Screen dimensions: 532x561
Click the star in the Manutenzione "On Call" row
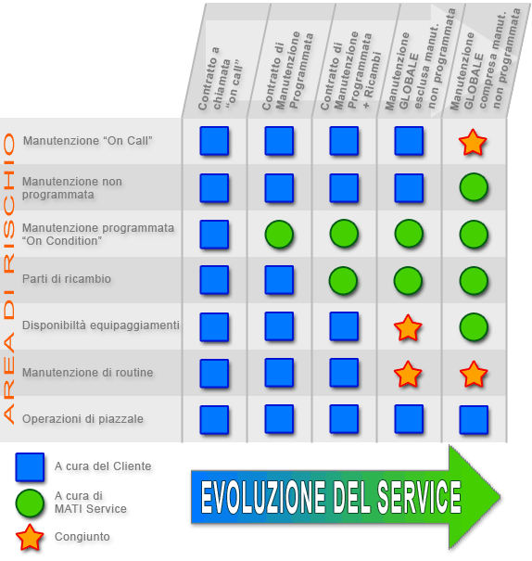pyautogui.click(x=473, y=143)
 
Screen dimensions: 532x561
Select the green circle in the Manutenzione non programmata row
pyautogui.click(x=474, y=187)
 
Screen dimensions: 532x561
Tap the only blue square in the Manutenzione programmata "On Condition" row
pyautogui.click(x=214, y=235)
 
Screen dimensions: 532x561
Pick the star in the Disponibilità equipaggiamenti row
pyautogui.click(x=408, y=327)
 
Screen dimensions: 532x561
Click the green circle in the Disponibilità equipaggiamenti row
pyautogui.click(x=474, y=327)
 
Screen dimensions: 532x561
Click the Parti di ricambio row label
pyautogui.click(x=67, y=279)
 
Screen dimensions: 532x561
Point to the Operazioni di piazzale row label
pyautogui.click(x=82, y=418)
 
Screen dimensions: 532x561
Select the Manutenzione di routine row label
pyautogui.click(x=88, y=373)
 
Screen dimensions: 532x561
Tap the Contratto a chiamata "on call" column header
pyautogui.click(x=221, y=79)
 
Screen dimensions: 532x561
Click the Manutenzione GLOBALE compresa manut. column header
pyautogui.click(x=485, y=59)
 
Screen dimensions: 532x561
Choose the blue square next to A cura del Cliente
pyautogui.click(x=30, y=467)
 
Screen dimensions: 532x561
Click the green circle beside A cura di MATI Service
pyautogui.click(x=30, y=503)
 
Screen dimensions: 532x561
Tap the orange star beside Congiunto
pyautogui.click(x=30, y=538)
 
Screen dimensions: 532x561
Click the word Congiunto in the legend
pyautogui.click(x=82, y=537)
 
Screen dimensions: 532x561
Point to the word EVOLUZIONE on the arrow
pyautogui.click(x=264, y=497)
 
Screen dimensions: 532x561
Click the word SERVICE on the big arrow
pyautogui.click(x=419, y=497)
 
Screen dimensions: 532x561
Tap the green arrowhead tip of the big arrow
pyautogui.click(x=500, y=497)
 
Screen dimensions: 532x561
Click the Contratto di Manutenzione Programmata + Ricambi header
pyautogui.click(x=351, y=70)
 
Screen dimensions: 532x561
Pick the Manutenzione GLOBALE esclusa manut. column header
pyautogui.click(x=420, y=59)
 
